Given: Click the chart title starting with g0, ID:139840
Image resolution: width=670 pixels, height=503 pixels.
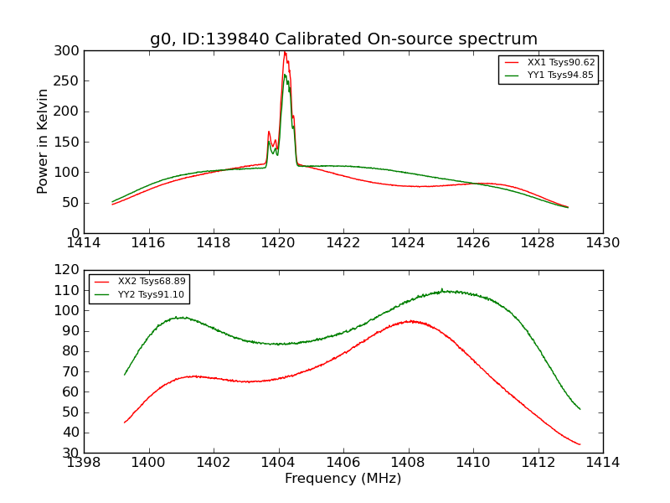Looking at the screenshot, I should [343, 39].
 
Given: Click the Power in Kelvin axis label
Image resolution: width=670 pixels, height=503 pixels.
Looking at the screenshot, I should [43, 142].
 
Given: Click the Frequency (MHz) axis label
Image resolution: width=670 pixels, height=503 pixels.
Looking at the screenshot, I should [343, 479].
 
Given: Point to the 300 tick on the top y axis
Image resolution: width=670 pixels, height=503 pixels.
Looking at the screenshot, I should [70, 51].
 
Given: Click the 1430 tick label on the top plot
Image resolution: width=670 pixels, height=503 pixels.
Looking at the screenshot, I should [602, 242].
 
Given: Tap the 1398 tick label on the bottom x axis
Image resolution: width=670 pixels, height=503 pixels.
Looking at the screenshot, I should [84, 462].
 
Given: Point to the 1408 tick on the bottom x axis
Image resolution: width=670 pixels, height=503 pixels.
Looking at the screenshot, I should [408, 462].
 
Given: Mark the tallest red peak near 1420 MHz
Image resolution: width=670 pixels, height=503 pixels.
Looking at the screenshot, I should [285, 52].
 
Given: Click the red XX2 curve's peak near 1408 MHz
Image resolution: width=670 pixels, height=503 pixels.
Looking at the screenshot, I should [410, 321].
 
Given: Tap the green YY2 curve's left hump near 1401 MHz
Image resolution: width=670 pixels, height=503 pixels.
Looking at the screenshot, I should [180, 317].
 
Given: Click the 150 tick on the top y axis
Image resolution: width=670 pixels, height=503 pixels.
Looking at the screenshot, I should [70, 142].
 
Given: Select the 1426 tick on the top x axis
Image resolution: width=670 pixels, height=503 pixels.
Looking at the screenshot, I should [472, 242].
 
